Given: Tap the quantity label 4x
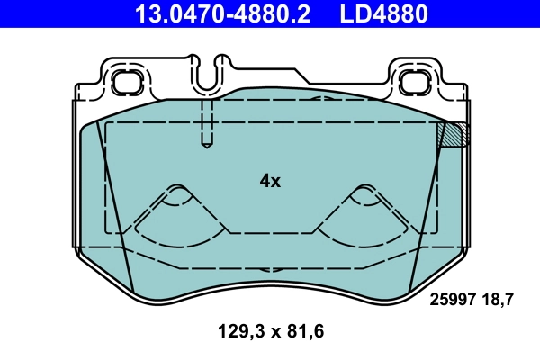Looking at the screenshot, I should [x=270, y=181].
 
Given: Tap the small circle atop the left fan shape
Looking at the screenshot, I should [x=178, y=191].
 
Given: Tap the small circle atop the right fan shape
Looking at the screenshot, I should [x=364, y=191].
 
